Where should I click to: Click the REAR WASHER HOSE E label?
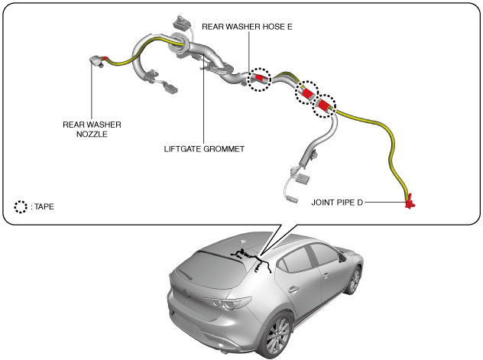[x=247, y=26]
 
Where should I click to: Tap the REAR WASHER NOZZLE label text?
[x=92, y=129]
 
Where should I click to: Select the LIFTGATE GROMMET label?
[x=204, y=149]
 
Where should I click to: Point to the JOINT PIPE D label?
[x=343, y=203]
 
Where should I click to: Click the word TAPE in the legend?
[x=44, y=206]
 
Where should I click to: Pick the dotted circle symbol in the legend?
[x=21, y=206]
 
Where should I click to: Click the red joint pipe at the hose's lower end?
[x=410, y=202]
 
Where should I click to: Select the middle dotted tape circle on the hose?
[x=307, y=92]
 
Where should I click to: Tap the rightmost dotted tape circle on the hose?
[x=326, y=105]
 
